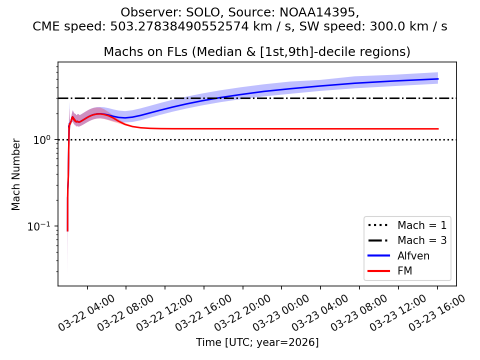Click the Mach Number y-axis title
coord(16,174)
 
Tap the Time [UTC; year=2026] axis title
coord(257,342)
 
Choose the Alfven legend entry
coord(413,256)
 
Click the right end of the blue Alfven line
coord(437,79)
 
